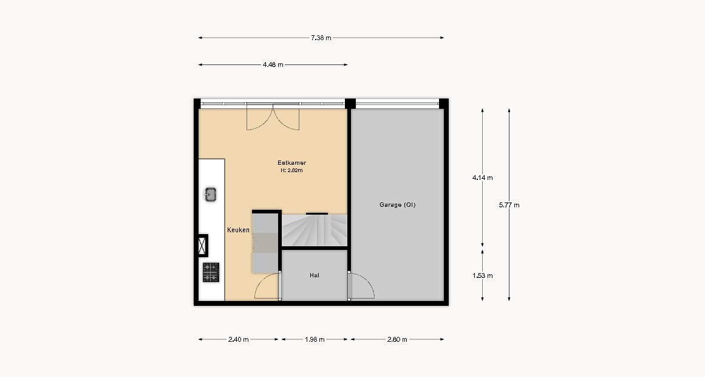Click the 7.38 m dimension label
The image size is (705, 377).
point(321,38)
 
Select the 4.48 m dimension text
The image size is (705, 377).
point(273,65)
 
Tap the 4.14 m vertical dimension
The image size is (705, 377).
point(482,178)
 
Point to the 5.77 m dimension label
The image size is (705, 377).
point(509,205)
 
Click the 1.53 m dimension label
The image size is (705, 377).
point(482,275)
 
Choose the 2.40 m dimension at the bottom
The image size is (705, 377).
point(238,340)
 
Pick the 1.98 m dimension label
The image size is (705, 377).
point(315,340)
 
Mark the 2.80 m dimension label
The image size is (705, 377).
point(397,340)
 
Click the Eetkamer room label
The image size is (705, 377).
point(292,163)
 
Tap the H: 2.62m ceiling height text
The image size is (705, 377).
point(292,171)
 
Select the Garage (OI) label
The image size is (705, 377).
point(398,205)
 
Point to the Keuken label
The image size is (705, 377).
point(238,230)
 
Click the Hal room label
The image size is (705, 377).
point(315,275)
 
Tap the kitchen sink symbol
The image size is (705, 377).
point(211,195)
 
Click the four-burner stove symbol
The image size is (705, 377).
point(211,272)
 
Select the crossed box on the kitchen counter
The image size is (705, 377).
point(203,246)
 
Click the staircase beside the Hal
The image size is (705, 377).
point(315,230)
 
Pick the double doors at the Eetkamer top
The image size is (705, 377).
point(273,117)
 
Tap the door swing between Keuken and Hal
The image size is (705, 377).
point(267,286)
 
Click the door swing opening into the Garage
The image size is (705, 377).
point(361,286)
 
